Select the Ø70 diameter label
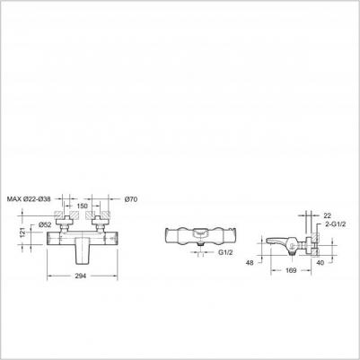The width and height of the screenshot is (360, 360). (x=130, y=198)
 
